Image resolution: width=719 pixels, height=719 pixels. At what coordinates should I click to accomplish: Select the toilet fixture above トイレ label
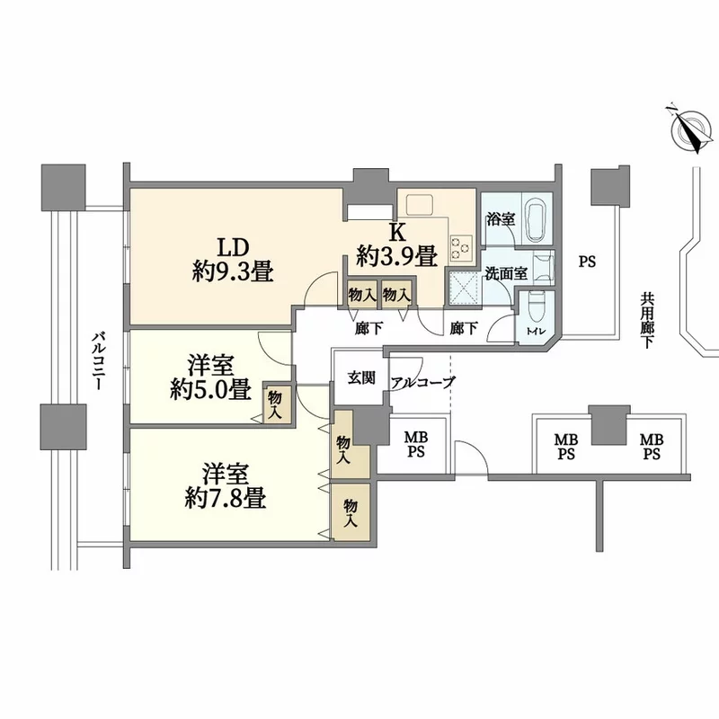coord(535,308)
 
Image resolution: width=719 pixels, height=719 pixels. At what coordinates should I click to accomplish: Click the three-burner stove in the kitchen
coord(461,248)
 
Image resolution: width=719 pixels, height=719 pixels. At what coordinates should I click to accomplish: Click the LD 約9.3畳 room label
coord(233,260)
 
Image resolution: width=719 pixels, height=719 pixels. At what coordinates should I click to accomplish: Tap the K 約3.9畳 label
coord(397,245)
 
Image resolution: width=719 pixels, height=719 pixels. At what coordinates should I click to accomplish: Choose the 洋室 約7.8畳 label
coord(226,485)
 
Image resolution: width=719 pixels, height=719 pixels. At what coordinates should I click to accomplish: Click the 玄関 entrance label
coord(361,378)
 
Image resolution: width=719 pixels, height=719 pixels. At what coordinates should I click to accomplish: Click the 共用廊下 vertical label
coord(647,321)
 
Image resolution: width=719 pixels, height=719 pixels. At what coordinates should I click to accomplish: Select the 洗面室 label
coord(506,274)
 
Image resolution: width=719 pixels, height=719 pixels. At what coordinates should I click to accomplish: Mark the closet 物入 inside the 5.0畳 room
coord(276,404)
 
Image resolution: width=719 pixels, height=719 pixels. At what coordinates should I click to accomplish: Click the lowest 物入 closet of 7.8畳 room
coord(351,512)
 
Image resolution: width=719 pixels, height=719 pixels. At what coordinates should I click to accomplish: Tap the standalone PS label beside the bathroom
coord(587,262)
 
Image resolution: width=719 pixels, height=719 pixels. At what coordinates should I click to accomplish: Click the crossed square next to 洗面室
coord(463,288)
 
